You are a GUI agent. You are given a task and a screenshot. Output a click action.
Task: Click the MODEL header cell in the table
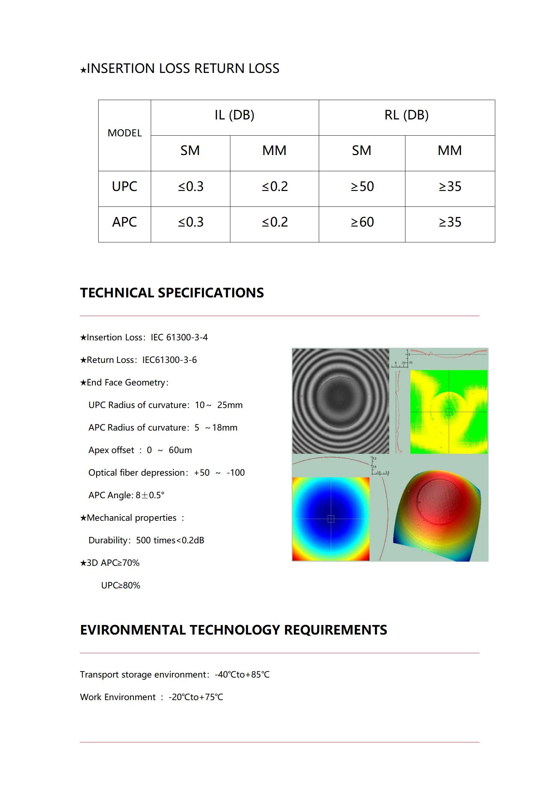tap(124, 133)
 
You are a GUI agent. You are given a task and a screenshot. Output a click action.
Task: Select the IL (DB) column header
tap(234, 115)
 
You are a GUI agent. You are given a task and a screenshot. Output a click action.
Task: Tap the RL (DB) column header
tap(406, 115)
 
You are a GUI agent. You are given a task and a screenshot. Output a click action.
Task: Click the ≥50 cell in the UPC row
tap(362, 186)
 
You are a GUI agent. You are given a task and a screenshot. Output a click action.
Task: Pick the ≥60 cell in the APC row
tap(362, 222)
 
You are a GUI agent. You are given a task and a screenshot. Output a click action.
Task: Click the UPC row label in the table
tap(124, 186)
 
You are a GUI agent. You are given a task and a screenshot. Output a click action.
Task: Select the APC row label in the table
tap(124, 222)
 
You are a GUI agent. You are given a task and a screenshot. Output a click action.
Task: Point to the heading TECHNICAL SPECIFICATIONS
tap(172, 293)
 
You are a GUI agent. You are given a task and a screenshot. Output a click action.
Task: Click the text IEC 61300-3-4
tap(179, 338)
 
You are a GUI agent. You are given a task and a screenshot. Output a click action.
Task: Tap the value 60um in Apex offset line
tap(180, 450)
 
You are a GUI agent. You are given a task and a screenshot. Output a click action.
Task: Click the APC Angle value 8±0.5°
tap(150, 495)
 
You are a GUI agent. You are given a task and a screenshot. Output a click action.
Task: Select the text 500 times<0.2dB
tap(170, 540)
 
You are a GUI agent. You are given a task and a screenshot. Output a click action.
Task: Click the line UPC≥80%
tap(120, 586)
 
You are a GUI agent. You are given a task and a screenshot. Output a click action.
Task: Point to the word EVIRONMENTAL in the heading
tap(132, 630)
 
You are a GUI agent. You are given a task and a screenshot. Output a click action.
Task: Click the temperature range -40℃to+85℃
tap(242, 675)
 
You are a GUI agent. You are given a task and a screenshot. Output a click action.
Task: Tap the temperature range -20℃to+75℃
tap(196, 697)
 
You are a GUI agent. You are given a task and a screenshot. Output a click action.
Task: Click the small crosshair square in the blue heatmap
tap(331, 519)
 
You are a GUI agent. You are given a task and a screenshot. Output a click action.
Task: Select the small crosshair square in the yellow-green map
tap(449, 412)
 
